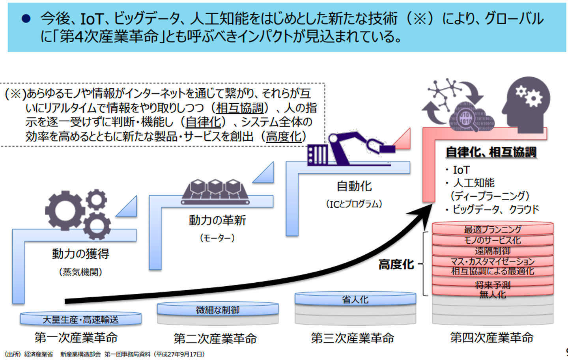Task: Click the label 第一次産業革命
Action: click(x=76, y=338)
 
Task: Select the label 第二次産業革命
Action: click(x=215, y=339)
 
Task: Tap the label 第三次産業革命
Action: click(x=352, y=338)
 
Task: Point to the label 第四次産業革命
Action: click(x=492, y=338)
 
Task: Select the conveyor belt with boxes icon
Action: click(x=215, y=192)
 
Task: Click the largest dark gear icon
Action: click(x=65, y=211)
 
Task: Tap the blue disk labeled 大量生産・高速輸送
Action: click(x=80, y=319)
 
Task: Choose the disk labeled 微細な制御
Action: click(x=218, y=310)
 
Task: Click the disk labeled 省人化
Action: click(x=355, y=299)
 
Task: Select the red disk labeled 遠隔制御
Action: click(x=493, y=250)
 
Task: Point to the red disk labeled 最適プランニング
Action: click(x=493, y=229)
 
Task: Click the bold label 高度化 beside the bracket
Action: click(x=396, y=264)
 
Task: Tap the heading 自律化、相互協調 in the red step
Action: click(x=491, y=152)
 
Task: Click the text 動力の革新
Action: click(x=217, y=220)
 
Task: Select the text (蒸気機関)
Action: click(x=80, y=272)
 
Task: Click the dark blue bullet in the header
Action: click(x=26, y=19)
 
